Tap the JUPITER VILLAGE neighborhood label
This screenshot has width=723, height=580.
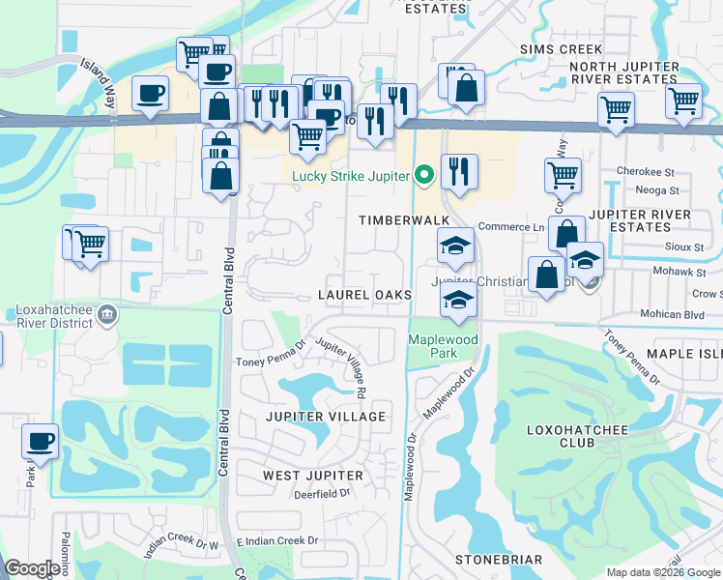(x=326, y=417)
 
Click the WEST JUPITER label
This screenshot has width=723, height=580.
(x=313, y=476)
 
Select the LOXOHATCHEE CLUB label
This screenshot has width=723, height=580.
(x=575, y=435)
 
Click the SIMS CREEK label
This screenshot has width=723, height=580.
(x=561, y=49)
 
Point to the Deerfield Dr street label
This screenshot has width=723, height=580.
(x=322, y=494)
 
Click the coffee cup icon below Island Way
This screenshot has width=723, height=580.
(x=149, y=93)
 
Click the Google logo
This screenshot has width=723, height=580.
(x=33, y=568)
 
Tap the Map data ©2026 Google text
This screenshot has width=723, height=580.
(x=663, y=572)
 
